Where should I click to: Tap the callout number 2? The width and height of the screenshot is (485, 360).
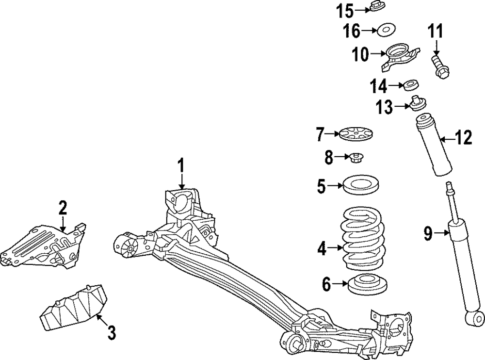click(x=63, y=208)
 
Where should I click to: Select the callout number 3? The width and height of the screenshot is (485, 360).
click(x=111, y=333)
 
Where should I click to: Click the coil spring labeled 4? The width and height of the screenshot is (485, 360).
click(x=363, y=240)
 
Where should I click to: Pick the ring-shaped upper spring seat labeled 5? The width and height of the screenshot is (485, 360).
click(x=360, y=185)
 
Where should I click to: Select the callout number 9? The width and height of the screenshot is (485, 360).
click(x=427, y=235)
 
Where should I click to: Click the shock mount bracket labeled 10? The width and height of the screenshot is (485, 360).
click(x=399, y=57)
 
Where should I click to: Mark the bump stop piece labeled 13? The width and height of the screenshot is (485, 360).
click(x=418, y=104)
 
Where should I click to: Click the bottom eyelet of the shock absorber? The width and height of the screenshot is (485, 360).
click(x=474, y=319)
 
